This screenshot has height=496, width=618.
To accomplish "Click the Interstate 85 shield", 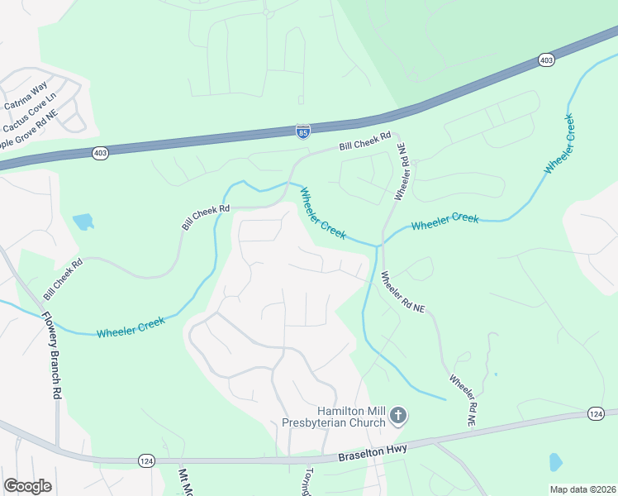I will click(303, 131).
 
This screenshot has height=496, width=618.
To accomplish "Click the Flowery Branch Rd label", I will click(52, 355).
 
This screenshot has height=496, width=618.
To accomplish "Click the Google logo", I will click(27, 486).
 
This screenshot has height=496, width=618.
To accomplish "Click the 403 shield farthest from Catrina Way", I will click(545, 60).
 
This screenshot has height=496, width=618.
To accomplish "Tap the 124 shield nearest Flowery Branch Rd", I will click(146, 460).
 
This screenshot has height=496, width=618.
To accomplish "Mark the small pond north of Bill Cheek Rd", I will click(83, 222).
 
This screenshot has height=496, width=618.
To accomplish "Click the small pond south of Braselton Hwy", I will click(555, 461).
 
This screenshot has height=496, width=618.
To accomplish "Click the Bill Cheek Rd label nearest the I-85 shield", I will click(364, 144).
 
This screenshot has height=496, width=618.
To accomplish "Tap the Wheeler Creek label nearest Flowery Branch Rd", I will click(131, 327).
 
